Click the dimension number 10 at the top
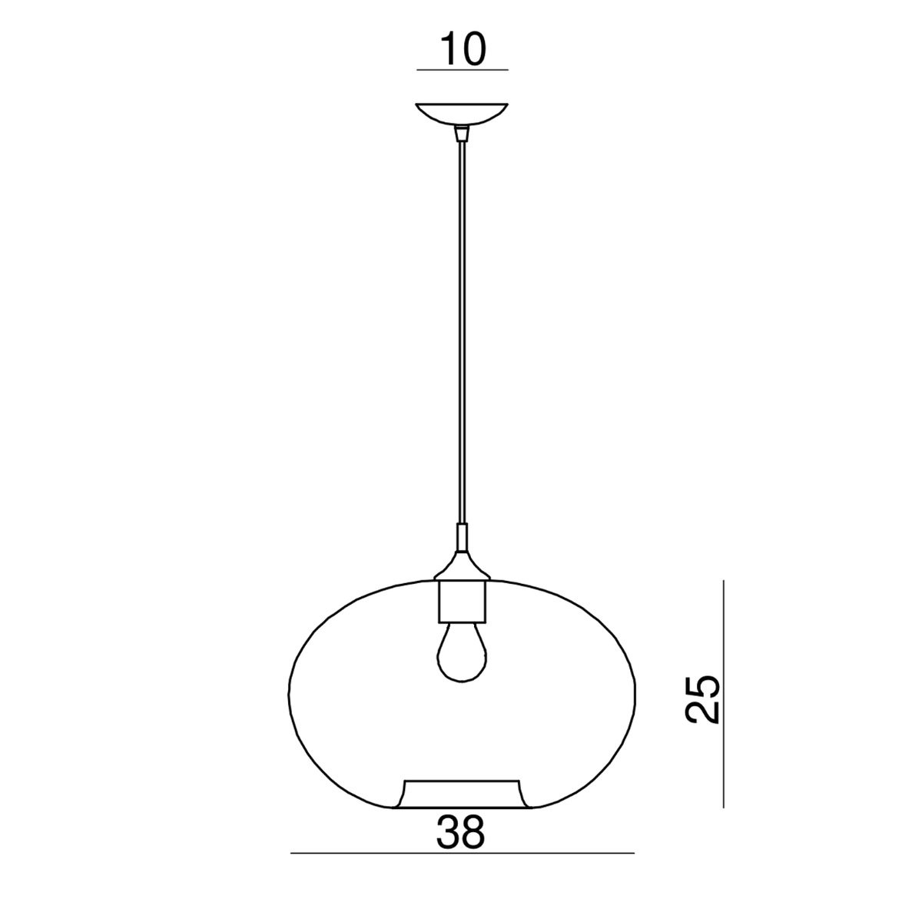point(463,50)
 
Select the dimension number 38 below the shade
point(460,833)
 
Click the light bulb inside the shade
point(462,652)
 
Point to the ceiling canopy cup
point(462,114)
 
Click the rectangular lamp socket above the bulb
point(463,602)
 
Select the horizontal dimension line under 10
point(463,71)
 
